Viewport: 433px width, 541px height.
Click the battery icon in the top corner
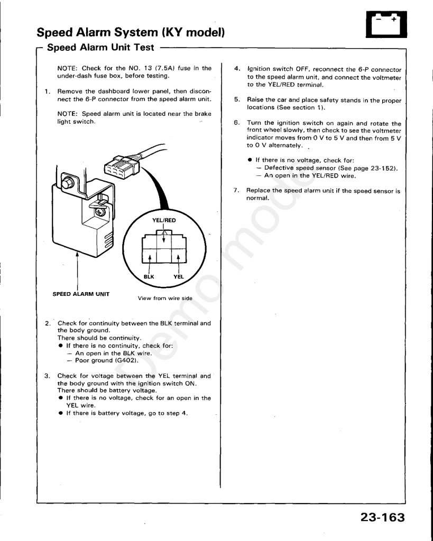[386, 24]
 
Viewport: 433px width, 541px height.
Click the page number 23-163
[383, 517]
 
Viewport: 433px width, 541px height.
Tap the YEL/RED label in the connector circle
[164, 220]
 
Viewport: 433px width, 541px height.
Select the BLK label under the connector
[149, 277]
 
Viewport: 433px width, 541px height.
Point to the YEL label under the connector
[179, 277]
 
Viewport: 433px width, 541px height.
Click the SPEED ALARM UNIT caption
[81, 294]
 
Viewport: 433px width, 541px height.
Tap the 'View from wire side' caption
[165, 299]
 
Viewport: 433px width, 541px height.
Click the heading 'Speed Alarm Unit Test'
[100, 47]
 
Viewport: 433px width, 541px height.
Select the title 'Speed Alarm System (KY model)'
[131, 32]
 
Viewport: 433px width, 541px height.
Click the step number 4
[237, 69]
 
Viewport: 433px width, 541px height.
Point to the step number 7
[236, 190]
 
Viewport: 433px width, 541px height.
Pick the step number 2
[48, 323]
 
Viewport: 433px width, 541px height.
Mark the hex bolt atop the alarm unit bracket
[67, 182]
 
